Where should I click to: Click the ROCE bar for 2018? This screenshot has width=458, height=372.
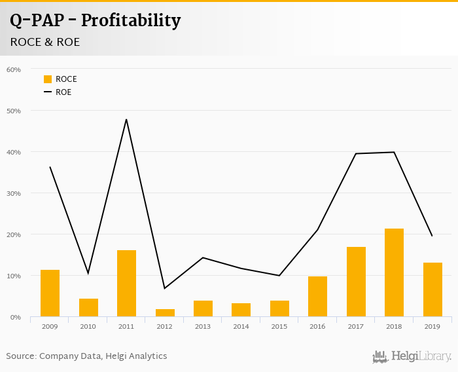pos(394,272)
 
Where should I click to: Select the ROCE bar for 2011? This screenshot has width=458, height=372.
pos(126,284)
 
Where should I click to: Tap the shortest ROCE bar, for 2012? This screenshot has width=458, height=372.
pos(165,313)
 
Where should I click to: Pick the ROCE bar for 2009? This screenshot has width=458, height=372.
pos(50,293)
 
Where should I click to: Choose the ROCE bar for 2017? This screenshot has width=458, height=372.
pos(356,282)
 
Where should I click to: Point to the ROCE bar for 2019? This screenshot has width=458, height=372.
pos(432,289)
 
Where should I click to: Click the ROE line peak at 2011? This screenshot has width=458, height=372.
pos(126,119)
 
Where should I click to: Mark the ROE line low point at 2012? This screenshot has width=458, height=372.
pos(165,288)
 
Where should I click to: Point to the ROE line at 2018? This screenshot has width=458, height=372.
pos(394,152)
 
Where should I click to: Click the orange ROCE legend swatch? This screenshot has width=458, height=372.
pos(48,79)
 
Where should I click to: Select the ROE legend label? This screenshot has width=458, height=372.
pos(63,92)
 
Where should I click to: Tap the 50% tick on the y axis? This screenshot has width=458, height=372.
pos(14,111)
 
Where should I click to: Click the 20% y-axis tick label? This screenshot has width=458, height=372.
pos(14,234)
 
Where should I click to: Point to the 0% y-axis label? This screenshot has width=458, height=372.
pos(16,317)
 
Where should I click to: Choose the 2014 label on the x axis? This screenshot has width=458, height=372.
pos(241,325)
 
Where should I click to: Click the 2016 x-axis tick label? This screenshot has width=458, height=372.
pos(317,325)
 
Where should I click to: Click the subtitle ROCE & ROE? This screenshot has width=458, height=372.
pos(44,43)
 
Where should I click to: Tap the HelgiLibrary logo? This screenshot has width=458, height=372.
pos(412,356)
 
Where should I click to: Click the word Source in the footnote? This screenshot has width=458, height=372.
pos(21,356)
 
